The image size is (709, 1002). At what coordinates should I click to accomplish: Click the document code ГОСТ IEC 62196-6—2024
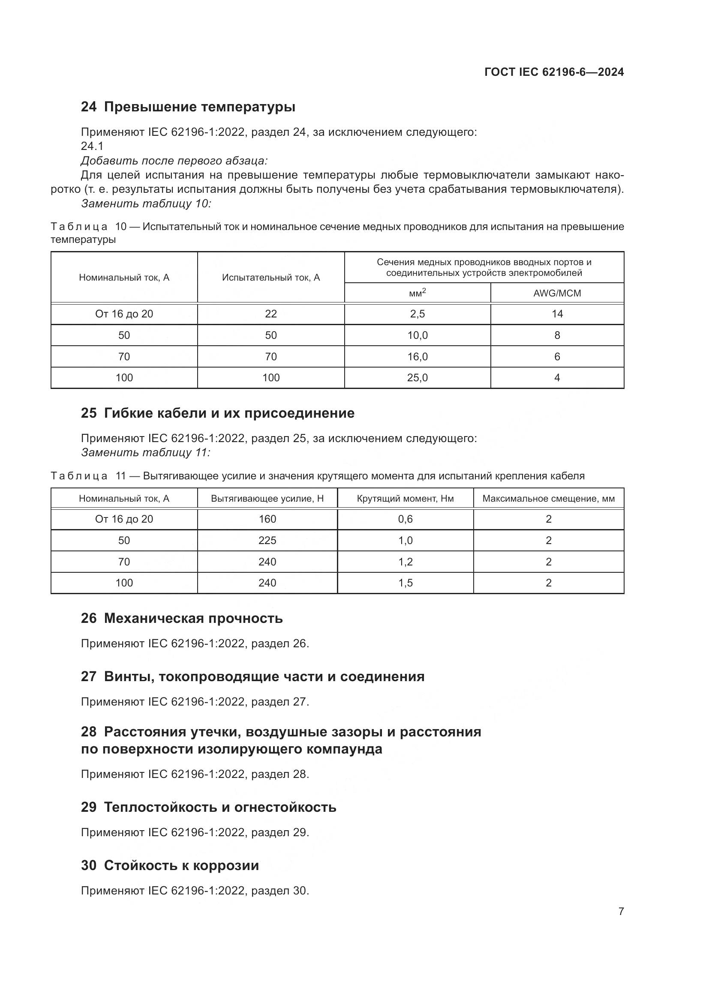pyautogui.click(x=553, y=72)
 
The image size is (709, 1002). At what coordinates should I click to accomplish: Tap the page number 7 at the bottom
pyautogui.click(x=621, y=911)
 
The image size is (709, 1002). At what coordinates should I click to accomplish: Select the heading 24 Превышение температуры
pyautogui.click(x=188, y=107)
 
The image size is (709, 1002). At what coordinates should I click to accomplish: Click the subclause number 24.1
pyautogui.click(x=92, y=146)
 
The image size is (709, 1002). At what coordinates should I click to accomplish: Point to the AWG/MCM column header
pyautogui.click(x=557, y=293)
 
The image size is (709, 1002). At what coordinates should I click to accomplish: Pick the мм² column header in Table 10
pyautogui.click(x=418, y=293)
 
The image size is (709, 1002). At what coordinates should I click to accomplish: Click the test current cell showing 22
pyautogui.click(x=270, y=314)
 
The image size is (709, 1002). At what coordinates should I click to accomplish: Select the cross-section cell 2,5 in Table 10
pyautogui.click(x=418, y=314)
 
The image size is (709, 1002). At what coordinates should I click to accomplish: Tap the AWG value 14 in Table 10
pyautogui.click(x=557, y=314)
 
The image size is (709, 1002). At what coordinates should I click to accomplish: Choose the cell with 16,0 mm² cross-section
pyautogui.click(x=418, y=357)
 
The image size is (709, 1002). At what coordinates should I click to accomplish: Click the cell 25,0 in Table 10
pyautogui.click(x=418, y=378)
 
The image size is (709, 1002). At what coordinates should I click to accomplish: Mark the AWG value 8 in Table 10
pyautogui.click(x=557, y=335)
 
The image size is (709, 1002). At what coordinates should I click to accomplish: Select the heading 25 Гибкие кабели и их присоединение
pyautogui.click(x=217, y=413)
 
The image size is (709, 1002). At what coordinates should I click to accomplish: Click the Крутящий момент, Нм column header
pyautogui.click(x=405, y=499)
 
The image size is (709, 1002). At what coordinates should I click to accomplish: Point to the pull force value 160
pyautogui.click(x=267, y=519)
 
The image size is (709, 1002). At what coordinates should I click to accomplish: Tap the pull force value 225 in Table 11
pyautogui.click(x=267, y=541)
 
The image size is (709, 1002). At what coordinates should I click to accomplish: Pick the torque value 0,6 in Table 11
pyautogui.click(x=405, y=519)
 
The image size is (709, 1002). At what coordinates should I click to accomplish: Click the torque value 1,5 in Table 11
pyautogui.click(x=405, y=583)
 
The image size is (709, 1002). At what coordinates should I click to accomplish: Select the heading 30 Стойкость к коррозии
pyautogui.click(x=170, y=865)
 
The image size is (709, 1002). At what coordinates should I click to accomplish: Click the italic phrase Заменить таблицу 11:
pyautogui.click(x=146, y=452)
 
